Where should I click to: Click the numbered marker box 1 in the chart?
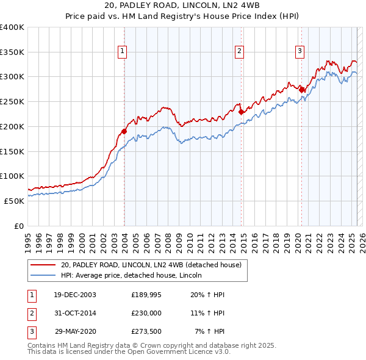123,51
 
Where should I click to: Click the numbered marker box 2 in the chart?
240,51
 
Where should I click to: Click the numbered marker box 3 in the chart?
300,51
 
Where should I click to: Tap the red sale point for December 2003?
124,131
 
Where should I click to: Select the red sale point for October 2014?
241,112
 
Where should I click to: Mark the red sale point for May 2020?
301,90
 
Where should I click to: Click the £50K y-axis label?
14,201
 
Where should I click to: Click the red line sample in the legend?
44,265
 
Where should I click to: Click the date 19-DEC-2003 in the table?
74,295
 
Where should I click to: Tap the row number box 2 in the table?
31,314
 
